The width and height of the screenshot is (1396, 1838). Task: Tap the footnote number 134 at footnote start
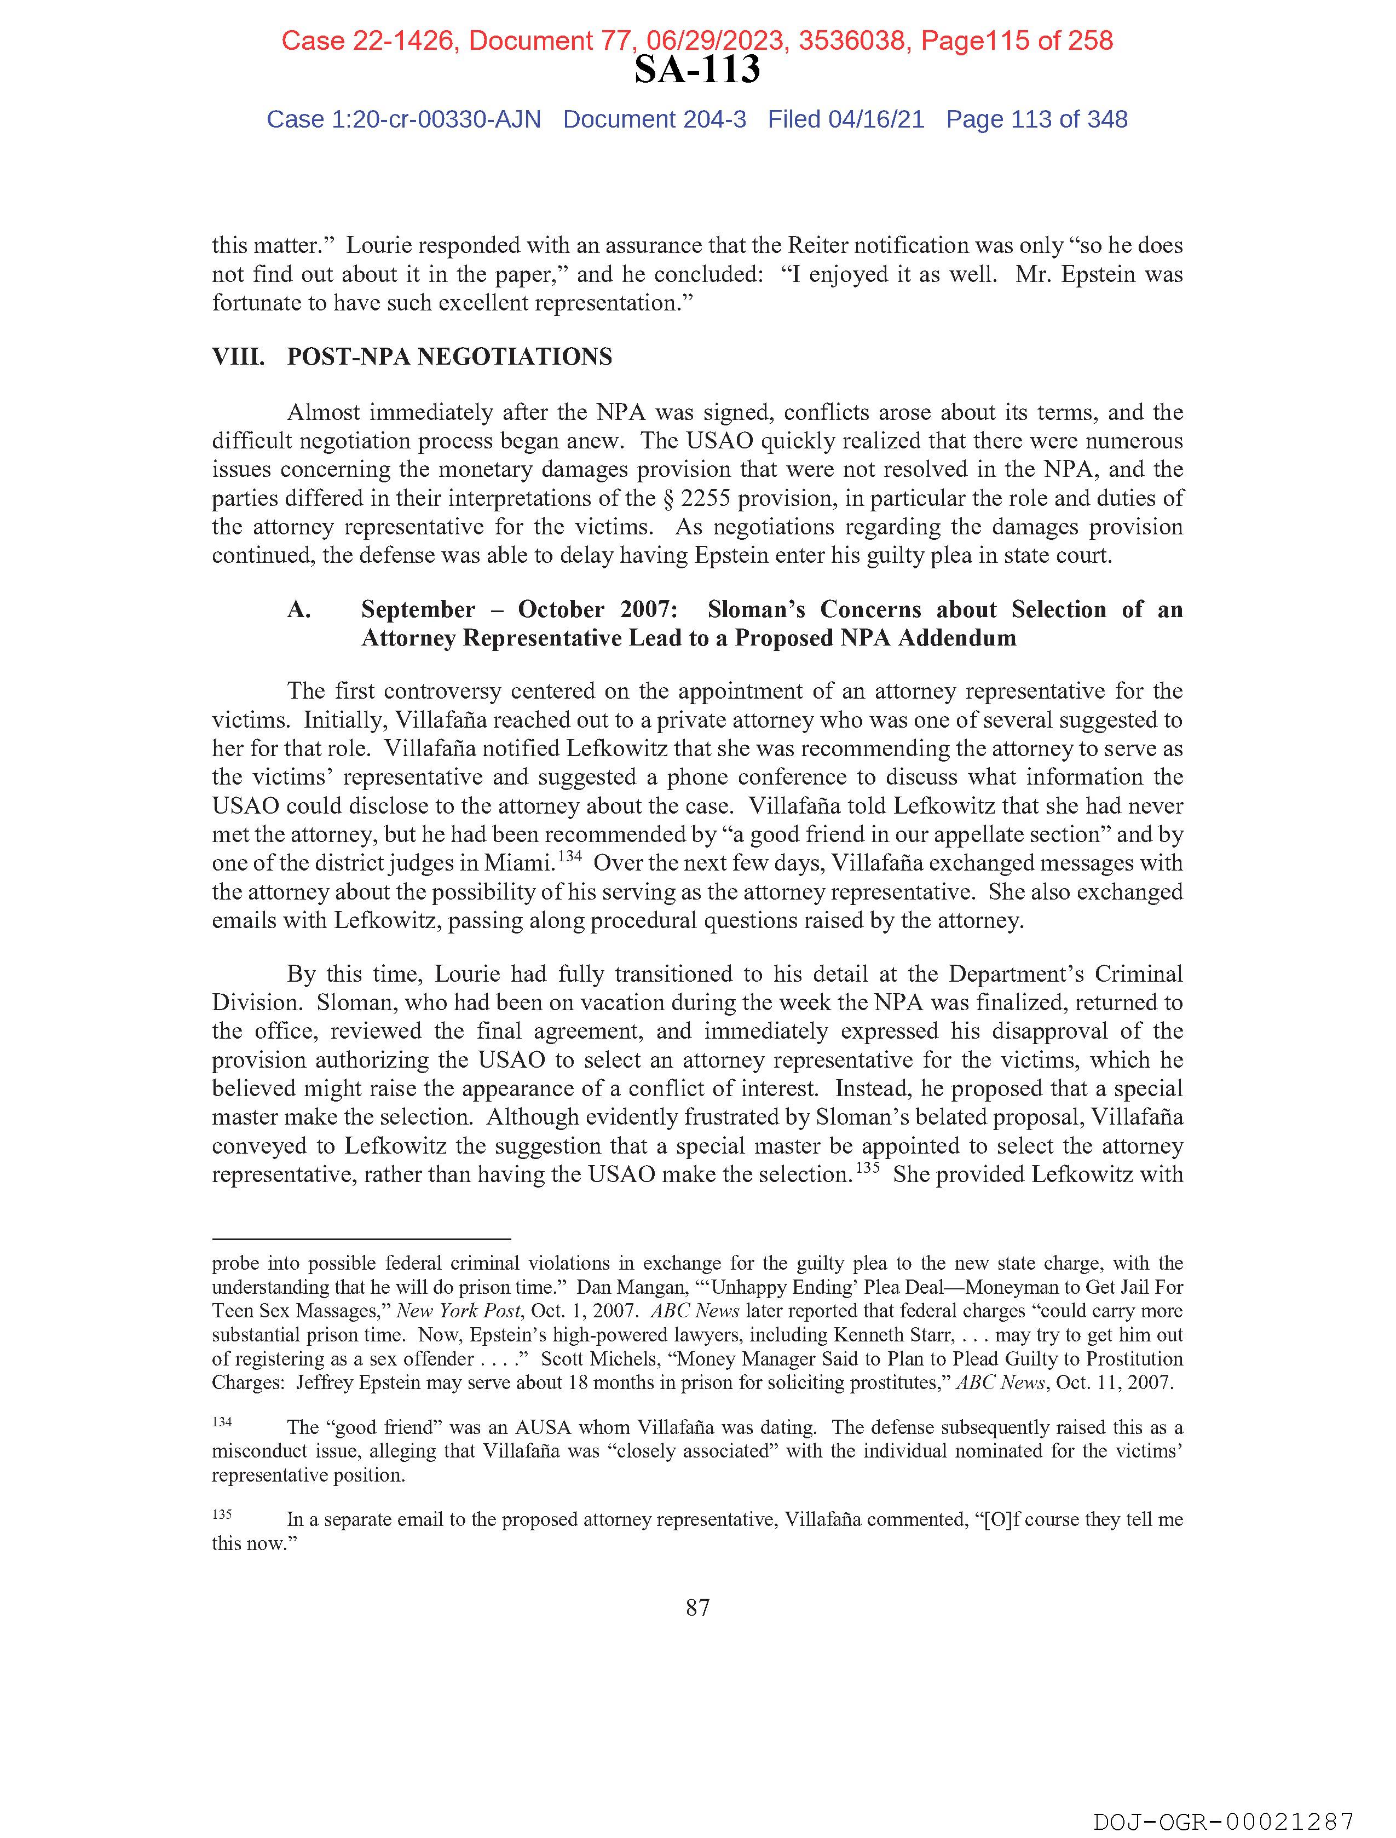pos(222,1422)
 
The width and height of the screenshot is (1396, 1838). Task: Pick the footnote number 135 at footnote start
pos(222,1514)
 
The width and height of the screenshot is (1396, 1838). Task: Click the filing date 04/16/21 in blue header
pos(876,120)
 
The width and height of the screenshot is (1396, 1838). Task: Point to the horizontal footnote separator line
pos(361,1238)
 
